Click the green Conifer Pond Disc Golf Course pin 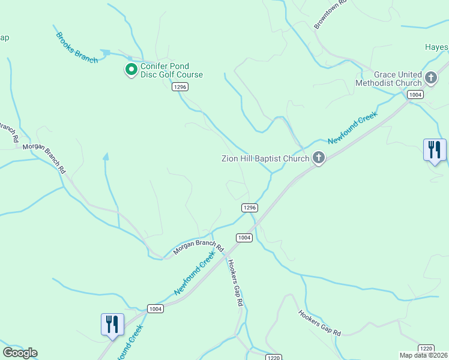(131, 70)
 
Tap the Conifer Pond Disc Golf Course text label (172, 70)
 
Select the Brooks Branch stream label (77, 48)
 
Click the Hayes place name (436, 47)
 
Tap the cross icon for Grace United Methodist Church (431, 77)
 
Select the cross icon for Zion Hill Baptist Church (319, 158)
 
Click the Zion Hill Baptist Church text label (265, 158)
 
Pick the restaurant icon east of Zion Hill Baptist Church (435, 150)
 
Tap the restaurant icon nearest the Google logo (112, 325)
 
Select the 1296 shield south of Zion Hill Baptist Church (250, 208)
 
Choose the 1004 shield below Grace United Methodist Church (415, 95)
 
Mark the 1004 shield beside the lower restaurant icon (155, 308)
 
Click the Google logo (20, 353)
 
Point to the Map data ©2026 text (424, 355)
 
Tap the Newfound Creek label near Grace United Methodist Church (352, 128)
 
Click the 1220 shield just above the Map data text (426, 348)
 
